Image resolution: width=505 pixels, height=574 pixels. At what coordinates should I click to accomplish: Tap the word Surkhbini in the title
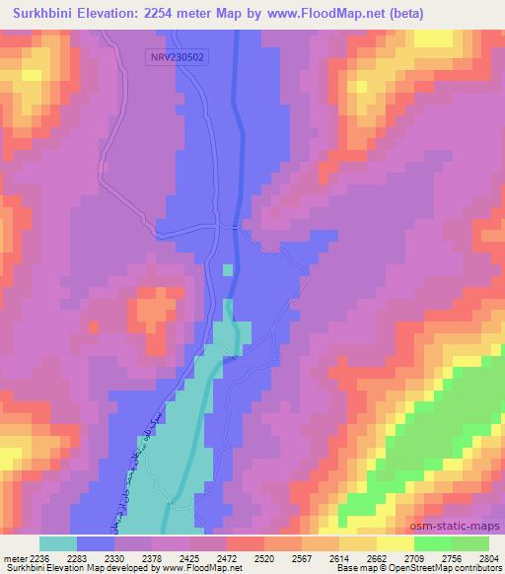pos(41,14)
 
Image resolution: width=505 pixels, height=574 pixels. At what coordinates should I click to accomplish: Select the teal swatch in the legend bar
pos(57,543)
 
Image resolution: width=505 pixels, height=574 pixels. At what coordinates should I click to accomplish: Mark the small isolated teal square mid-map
pos(228,269)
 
